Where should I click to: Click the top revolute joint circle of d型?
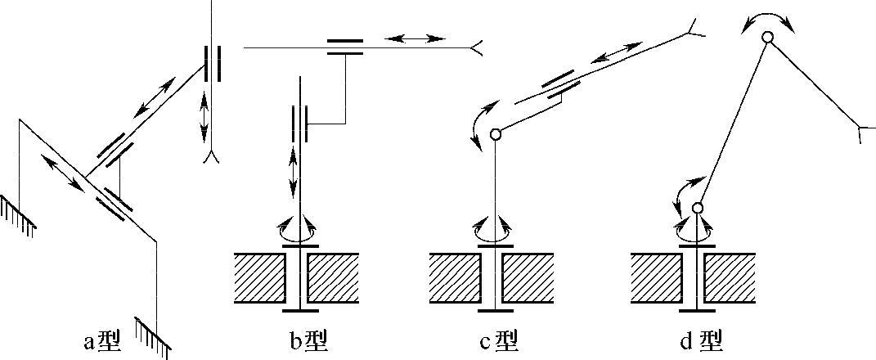click(767, 37)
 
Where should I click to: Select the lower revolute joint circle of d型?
click(698, 209)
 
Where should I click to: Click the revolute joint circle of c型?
click(495, 135)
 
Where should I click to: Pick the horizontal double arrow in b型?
click(416, 38)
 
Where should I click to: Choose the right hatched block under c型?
click(528, 277)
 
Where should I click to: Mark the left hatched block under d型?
click(657, 277)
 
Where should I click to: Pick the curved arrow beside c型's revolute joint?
click(481, 123)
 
